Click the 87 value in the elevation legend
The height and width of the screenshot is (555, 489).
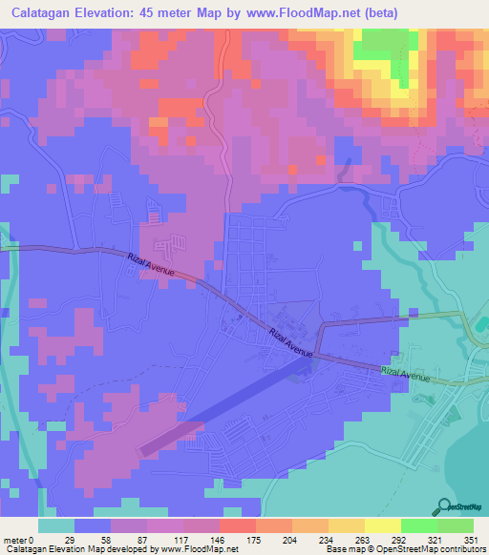pyautogui.click(x=144, y=540)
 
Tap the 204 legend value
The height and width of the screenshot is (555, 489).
pyautogui.click(x=288, y=540)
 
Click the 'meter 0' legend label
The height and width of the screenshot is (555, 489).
pyautogui.click(x=19, y=540)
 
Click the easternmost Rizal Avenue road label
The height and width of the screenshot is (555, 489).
pyautogui.click(x=407, y=374)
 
